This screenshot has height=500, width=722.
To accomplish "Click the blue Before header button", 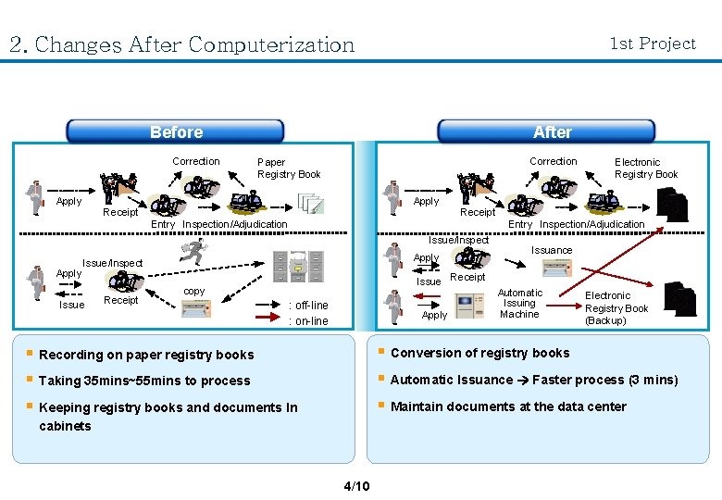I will [x=176, y=131].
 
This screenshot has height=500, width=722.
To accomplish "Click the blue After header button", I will [x=552, y=131].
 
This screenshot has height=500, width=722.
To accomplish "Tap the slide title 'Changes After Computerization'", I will [x=181, y=44].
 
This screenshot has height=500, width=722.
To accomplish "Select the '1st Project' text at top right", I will [x=653, y=44].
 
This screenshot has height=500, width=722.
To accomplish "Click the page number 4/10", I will [x=356, y=486].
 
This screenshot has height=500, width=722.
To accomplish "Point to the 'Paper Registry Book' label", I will [x=288, y=168].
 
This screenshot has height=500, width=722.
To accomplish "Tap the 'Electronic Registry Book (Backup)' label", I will [x=616, y=308].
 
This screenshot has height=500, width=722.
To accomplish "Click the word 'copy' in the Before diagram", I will [x=194, y=291].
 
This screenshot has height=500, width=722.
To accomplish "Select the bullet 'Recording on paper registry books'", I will [x=146, y=355].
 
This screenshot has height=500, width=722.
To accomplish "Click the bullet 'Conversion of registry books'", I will [x=479, y=353].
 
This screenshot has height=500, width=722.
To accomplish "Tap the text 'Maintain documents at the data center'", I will [x=508, y=406].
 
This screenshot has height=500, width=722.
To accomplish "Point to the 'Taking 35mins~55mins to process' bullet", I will [x=144, y=381].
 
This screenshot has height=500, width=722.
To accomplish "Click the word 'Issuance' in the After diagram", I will [x=552, y=250].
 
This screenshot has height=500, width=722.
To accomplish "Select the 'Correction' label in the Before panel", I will [x=196, y=161].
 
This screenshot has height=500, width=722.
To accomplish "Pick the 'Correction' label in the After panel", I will [x=553, y=161].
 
